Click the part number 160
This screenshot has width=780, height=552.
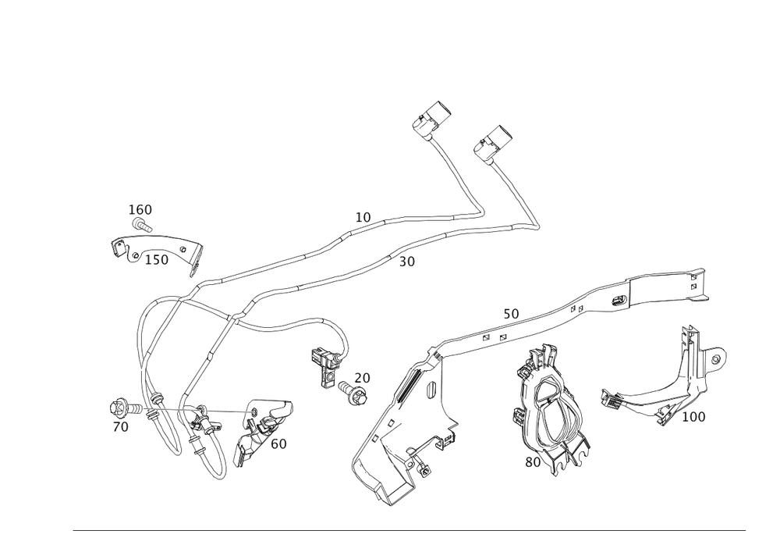click(140, 209)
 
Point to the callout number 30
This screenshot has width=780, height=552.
click(406, 262)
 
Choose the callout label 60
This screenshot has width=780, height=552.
click(278, 443)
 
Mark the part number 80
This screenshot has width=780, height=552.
click(533, 461)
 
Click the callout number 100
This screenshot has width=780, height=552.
click(693, 418)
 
